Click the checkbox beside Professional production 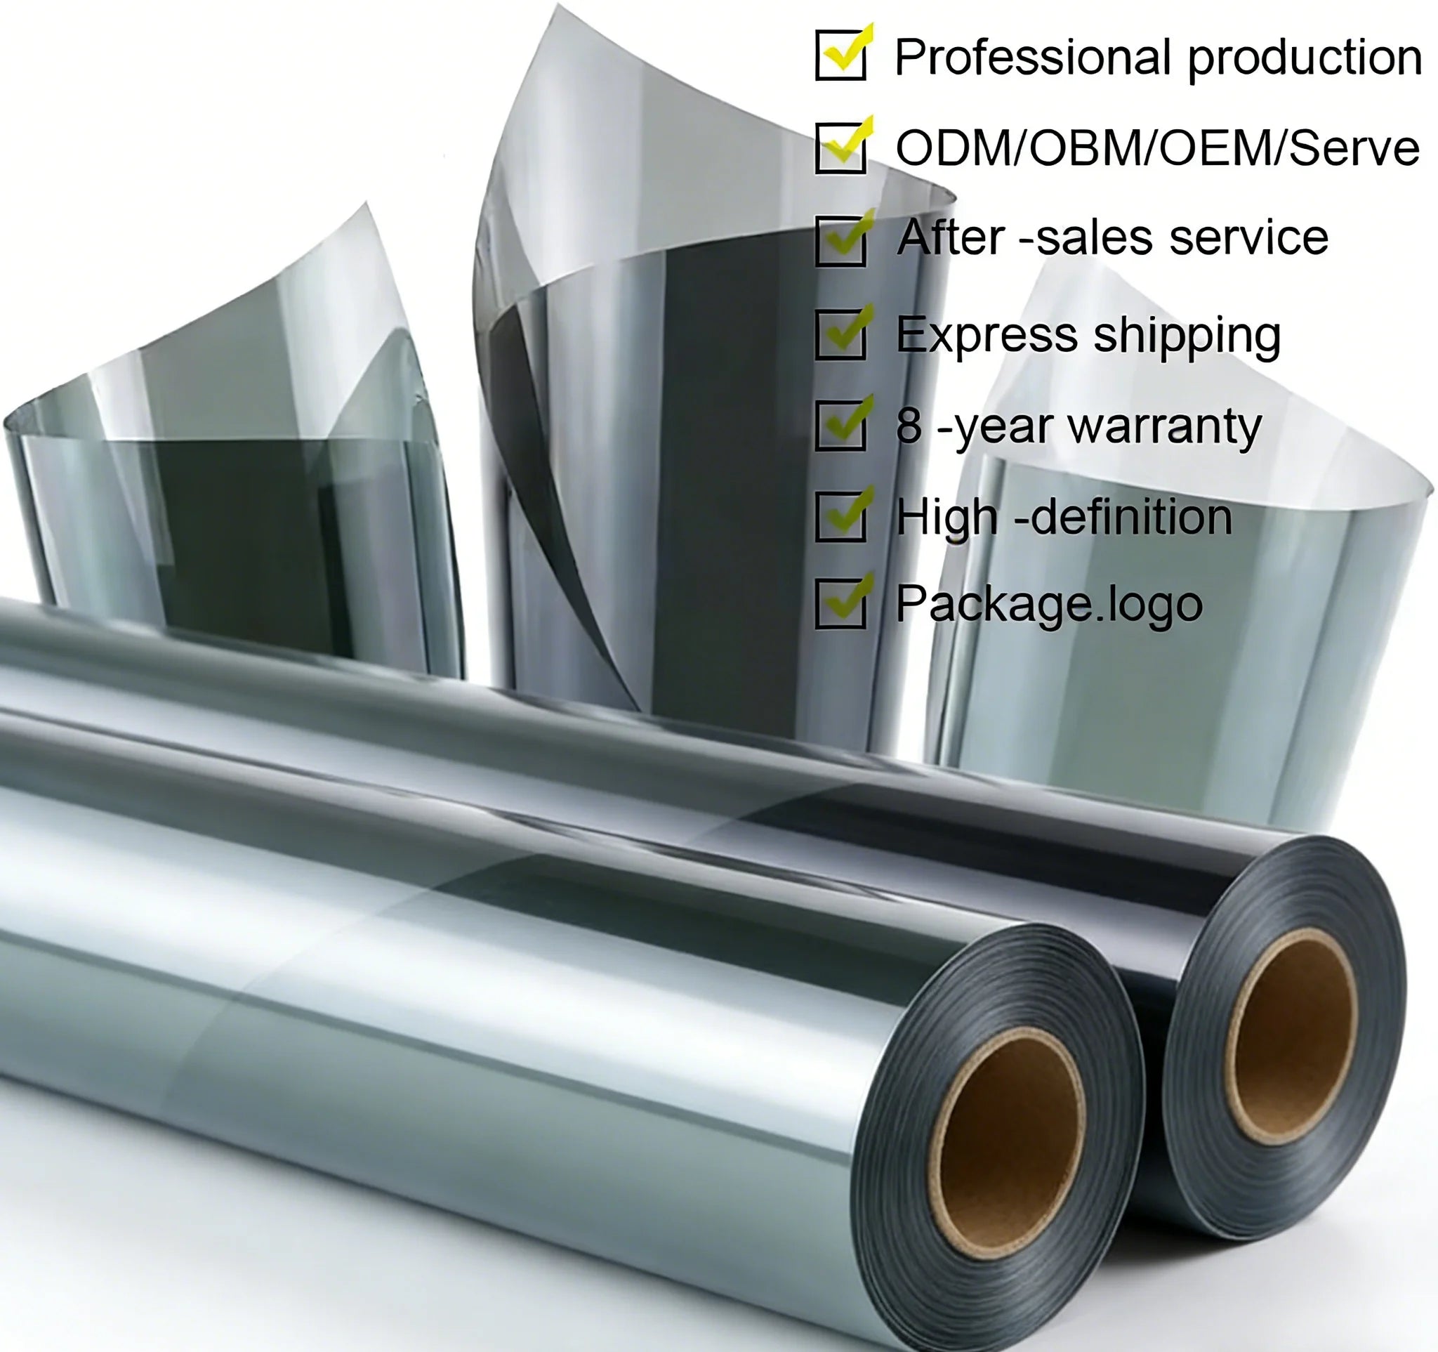(x=840, y=55)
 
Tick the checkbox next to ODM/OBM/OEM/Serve (x=840, y=147)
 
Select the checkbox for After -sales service (x=840, y=240)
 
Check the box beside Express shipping (x=840, y=334)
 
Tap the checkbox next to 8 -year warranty (x=840, y=426)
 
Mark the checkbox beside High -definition (x=840, y=516)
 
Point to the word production (x=1305, y=58)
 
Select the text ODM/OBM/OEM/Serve (x=1157, y=148)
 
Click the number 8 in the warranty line (x=909, y=426)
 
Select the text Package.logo (x=1049, y=605)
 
